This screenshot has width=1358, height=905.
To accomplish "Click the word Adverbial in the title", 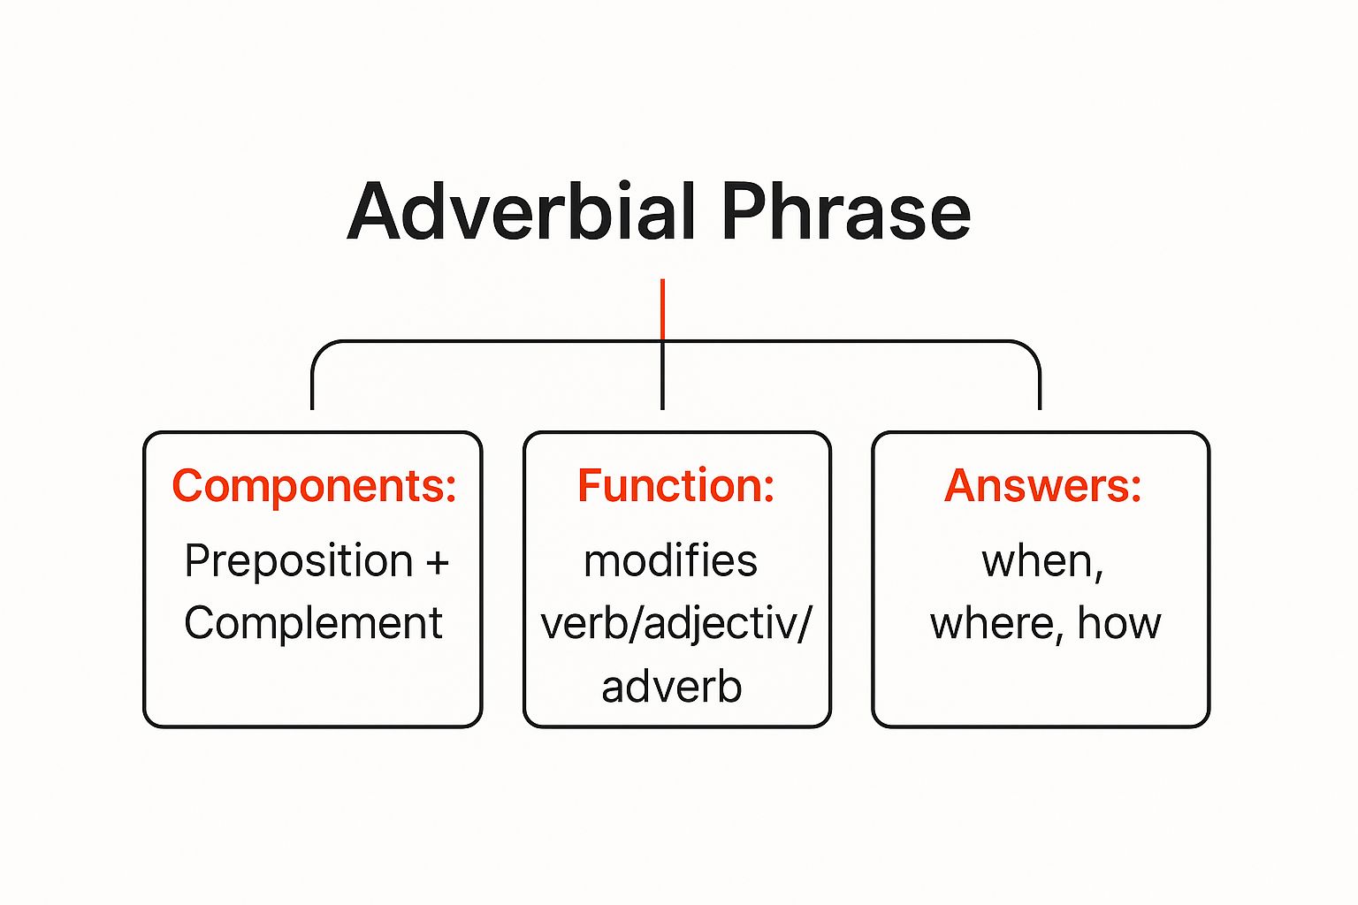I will (522, 212).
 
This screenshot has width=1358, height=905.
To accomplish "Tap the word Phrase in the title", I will (846, 212).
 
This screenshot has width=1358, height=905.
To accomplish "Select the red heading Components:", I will (314, 486).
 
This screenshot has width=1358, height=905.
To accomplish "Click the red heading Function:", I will (676, 486).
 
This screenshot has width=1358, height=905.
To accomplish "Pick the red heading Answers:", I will (1042, 486).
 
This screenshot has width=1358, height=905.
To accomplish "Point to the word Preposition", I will (299, 562).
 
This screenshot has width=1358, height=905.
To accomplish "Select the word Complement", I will (313, 624).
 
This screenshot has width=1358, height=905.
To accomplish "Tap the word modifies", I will (670, 562).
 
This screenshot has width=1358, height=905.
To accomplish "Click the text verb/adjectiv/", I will (675, 625).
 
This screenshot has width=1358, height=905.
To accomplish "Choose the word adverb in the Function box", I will (671, 688).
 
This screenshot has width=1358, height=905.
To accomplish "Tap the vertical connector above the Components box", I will (312, 384).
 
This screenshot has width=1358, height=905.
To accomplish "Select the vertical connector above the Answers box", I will (1040, 384).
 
